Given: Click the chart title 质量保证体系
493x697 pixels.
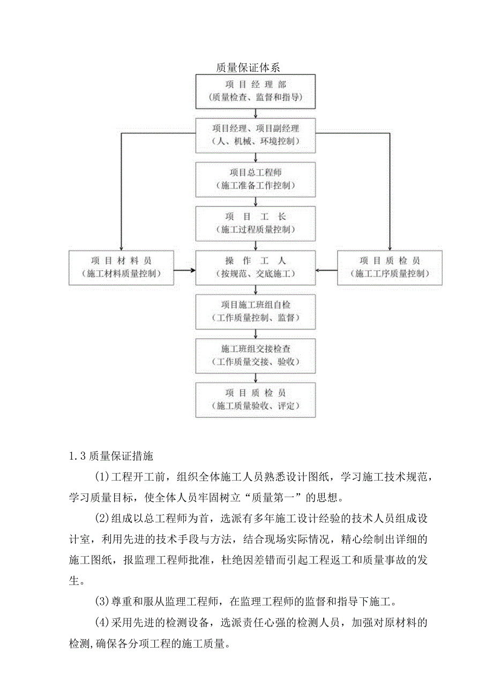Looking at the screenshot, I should tap(247, 68).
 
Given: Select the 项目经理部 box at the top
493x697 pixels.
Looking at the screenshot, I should tap(255, 91).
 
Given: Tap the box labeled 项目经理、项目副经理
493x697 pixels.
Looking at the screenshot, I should tap(255, 134).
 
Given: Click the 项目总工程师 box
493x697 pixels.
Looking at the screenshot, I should tap(255, 179).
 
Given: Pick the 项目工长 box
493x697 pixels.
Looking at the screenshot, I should tap(255, 223).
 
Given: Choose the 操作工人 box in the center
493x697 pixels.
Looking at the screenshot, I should tap(255, 267).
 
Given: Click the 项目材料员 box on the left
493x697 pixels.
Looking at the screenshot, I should tap(122, 267).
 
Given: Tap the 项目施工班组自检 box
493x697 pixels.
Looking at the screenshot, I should tap(255, 311).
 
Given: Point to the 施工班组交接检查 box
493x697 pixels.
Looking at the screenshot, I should tap(255, 355).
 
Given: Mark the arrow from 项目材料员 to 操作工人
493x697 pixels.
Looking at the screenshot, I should tap(185, 269).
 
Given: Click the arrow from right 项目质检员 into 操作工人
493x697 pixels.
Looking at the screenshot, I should tap(326, 269).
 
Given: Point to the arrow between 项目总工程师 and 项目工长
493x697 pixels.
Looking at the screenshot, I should tap(256, 201).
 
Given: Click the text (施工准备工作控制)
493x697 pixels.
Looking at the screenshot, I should tap(255, 185).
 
